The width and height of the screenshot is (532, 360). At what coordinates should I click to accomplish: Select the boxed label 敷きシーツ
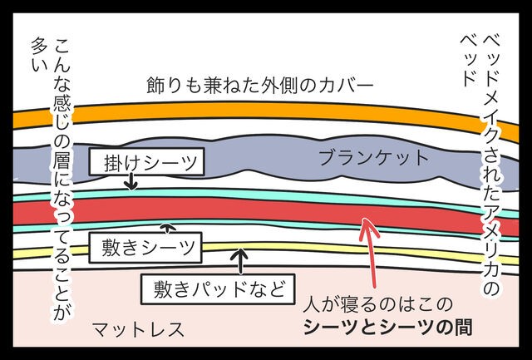[x=143, y=246]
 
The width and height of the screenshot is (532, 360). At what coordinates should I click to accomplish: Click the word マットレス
[x=138, y=329]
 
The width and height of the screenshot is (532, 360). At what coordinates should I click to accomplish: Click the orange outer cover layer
[x=266, y=114]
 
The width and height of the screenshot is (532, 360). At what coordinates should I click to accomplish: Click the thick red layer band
[x=249, y=211]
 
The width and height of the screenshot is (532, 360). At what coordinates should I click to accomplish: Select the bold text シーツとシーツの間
[x=387, y=328]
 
